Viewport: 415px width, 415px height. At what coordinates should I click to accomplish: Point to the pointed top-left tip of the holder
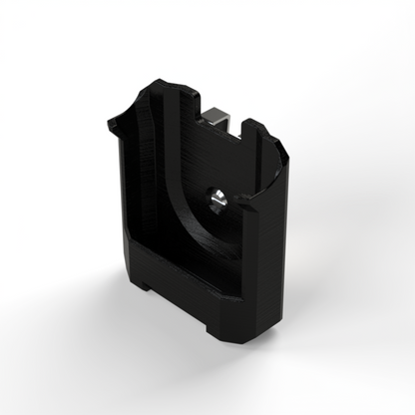(110, 123)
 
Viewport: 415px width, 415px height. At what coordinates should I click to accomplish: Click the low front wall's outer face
(180, 289)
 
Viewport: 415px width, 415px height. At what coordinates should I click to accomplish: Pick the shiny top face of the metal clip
(220, 116)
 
